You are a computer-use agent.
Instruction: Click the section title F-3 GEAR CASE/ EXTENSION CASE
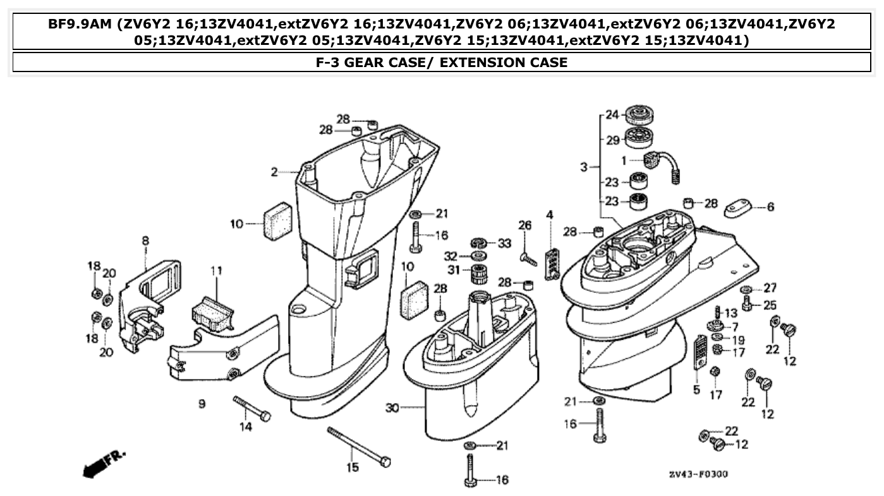[x=442, y=62]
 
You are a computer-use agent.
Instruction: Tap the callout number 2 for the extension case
[x=274, y=171]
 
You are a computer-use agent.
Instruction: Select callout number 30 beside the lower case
[x=392, y=408]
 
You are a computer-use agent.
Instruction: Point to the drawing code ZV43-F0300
[x=698, y=474]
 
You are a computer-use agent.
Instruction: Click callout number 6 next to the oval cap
[x=770, y=207]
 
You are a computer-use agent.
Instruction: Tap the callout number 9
[x=202, y=403]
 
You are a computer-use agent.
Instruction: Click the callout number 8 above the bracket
[x=145, y=240]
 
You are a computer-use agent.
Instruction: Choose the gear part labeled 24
[x=638, y=116]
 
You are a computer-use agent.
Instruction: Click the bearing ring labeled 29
[x=638, y=138]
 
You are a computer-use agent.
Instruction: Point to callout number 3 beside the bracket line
[x=584, y=167]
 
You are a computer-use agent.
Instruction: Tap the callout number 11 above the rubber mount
[x=216, y=271]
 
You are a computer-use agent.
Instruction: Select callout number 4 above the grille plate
[x=550, y=215]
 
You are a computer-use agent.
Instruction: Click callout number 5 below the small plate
[x=696, y=390]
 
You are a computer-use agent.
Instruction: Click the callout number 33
[x=504, y=243]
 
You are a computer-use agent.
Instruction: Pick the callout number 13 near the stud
[x=730, y=313]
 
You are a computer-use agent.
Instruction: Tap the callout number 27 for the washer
[x=770, y=288]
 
